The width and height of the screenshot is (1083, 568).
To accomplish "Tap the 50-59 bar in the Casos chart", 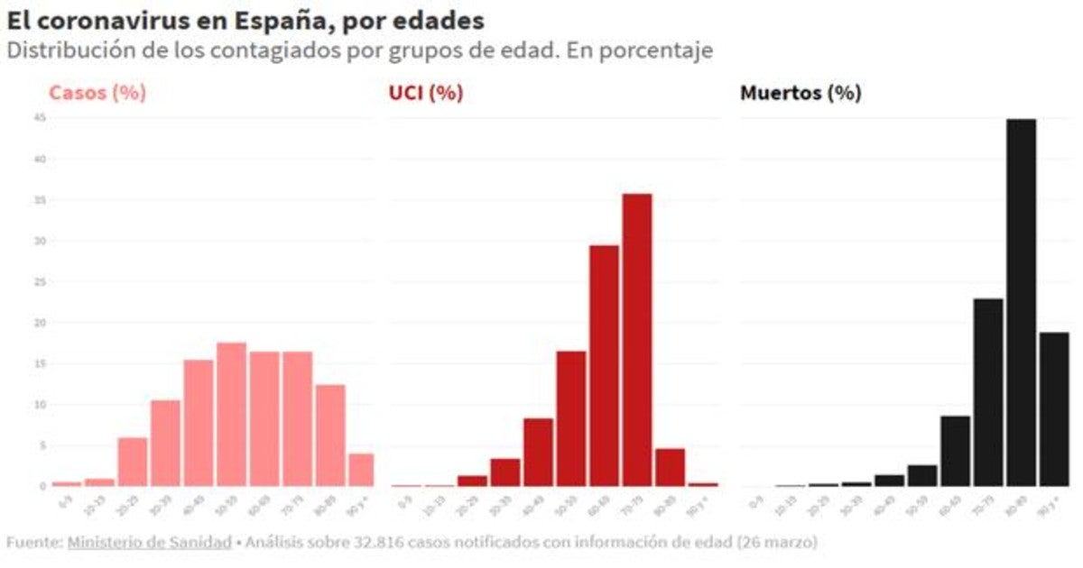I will point(232,414).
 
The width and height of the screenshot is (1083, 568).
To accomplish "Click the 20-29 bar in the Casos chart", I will point(133,462).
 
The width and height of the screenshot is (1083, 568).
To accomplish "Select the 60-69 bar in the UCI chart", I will point(604,365).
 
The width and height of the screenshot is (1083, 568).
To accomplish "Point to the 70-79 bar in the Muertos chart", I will point(988,392).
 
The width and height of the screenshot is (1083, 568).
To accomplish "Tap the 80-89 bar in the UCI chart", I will point(670,467).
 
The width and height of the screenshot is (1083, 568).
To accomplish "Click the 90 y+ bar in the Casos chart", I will point(361,470).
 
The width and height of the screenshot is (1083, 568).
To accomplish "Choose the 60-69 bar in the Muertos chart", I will point(955,451).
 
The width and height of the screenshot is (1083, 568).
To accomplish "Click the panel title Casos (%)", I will point(97,93).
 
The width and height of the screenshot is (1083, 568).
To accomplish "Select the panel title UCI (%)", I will point(420,93).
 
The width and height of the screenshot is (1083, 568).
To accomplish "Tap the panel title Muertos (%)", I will point(801,93).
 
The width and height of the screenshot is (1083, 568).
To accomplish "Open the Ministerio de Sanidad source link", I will point(149,543).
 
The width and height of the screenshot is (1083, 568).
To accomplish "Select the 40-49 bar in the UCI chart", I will point(538,452).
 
